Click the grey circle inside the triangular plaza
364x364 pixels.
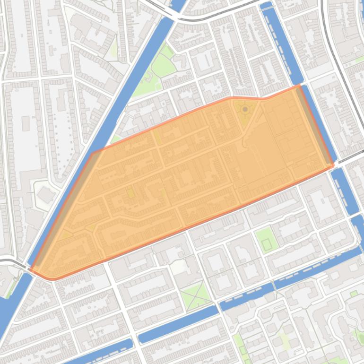pos(245,110)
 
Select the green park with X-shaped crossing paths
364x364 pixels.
pos(195,295)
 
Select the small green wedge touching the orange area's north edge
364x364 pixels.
pos(116,139)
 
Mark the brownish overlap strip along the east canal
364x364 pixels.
pos(314,125)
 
